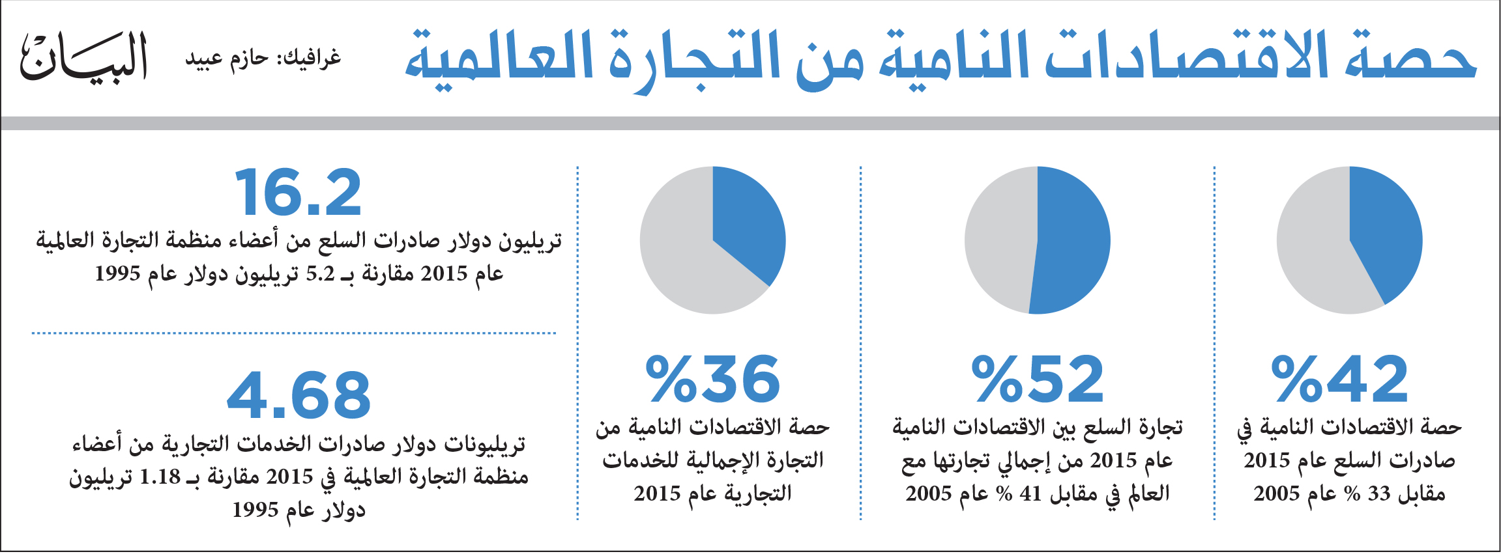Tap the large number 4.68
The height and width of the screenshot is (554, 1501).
pos(299,395)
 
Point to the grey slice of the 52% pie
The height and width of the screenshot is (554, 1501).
pos(998,240)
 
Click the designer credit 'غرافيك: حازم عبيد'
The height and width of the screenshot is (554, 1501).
pos(263,59)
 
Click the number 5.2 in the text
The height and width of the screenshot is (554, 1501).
pos(320,274)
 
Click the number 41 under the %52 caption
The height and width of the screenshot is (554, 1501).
pos(1030,494)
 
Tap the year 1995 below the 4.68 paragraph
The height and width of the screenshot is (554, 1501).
pos(255,510)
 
